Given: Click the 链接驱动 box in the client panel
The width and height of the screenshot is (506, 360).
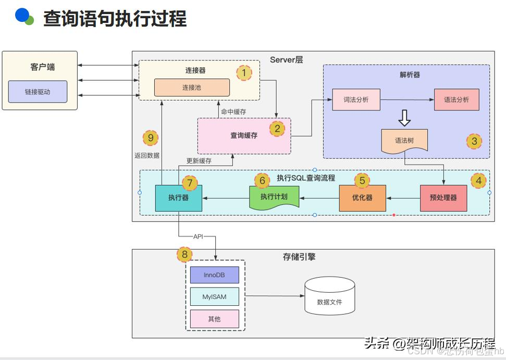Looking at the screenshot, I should (38, 92).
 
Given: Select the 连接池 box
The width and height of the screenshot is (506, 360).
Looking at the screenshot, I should (192, 88).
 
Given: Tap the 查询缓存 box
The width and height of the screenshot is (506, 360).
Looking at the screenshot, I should (244, 135).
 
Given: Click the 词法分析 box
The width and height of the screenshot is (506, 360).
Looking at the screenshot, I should (356, 100).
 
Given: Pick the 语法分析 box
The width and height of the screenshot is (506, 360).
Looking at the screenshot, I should (456, 100).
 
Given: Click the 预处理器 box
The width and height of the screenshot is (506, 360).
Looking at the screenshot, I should (443, 198).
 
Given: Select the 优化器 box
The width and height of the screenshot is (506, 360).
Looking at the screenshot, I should (362, 198).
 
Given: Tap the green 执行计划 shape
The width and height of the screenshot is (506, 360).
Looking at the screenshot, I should (274, 197).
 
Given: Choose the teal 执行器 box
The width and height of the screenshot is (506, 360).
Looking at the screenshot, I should (178, 198).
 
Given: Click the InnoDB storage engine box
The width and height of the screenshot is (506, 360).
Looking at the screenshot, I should (214, 275).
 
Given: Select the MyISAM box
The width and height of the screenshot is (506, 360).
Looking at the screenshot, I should (214, 297).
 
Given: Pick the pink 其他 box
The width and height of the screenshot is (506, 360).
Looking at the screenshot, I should (214, 319).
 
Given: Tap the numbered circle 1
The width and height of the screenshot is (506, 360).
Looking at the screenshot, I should (243, 72).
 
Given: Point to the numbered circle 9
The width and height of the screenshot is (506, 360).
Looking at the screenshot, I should (151, 138).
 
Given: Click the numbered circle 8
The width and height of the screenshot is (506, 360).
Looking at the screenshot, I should (184, 254).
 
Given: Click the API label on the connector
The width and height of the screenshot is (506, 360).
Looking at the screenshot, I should (198, 237).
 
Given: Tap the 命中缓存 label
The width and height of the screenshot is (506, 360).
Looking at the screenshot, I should (233, 111).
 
